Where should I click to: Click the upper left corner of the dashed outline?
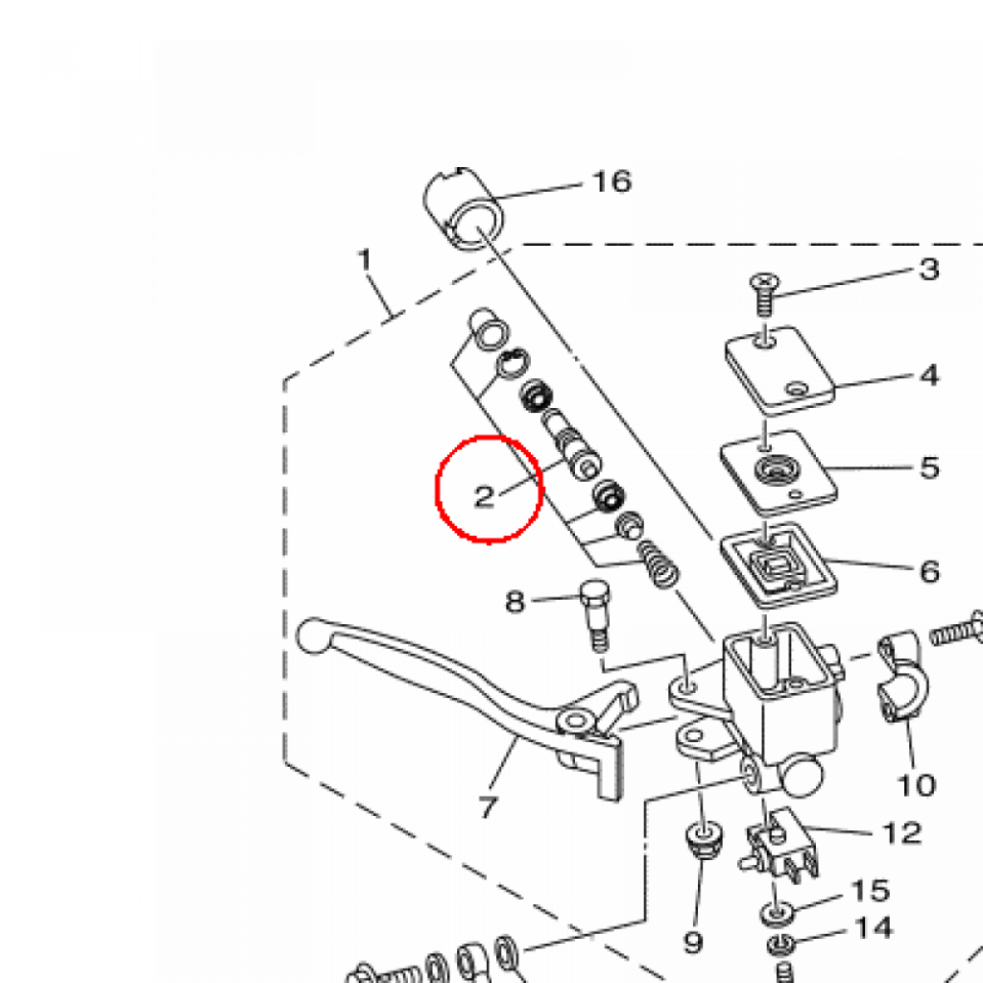click(284, 380)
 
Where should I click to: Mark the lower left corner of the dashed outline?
click(285, 762)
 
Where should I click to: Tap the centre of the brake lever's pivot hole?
click(574, 720)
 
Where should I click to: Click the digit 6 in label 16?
click(621, 181)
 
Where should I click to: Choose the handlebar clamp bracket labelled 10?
click(899, 676)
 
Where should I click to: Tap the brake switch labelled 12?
click(781, 844)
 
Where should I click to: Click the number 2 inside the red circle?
click(484, 496)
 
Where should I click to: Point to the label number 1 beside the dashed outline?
click(365, 259)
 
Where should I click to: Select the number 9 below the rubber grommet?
click(693, 942)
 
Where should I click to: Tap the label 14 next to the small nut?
click(874, 928)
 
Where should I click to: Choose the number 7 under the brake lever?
click(489, 806)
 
